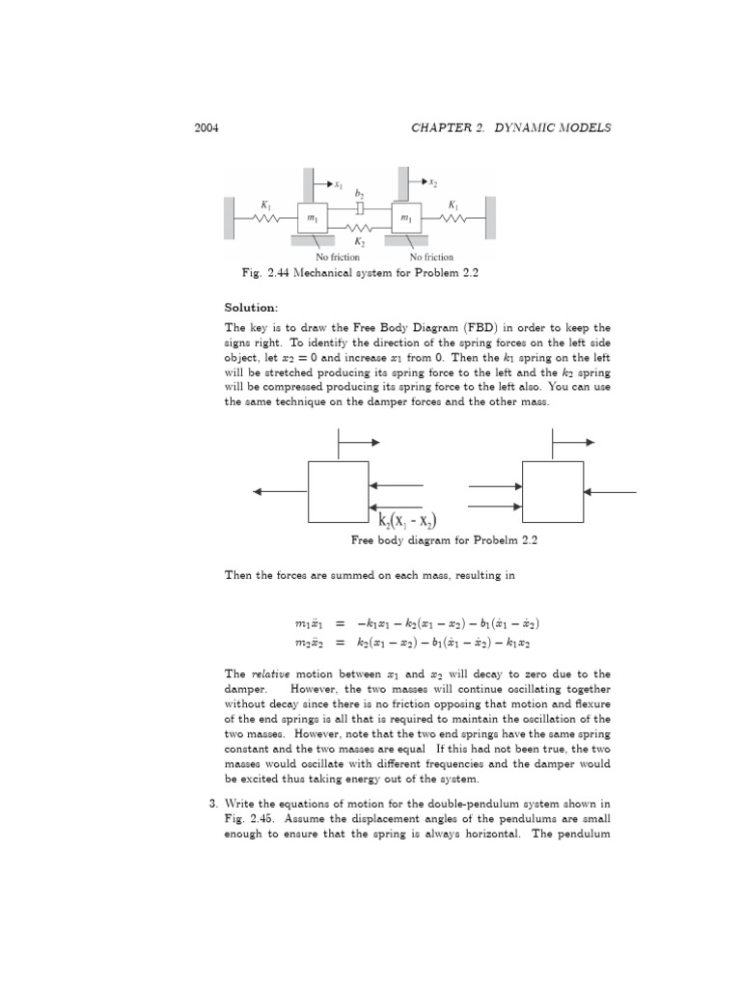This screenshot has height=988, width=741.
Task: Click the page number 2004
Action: tap(207, 129)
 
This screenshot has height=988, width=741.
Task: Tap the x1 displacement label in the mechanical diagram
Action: tap(339, 181)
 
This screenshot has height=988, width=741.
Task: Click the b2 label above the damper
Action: tap(358, 193)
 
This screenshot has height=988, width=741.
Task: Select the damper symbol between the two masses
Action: tap(359, 207)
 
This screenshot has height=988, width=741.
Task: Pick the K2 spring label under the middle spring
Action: tap(359, 243)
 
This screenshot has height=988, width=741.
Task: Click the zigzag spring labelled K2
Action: tap(359, 228)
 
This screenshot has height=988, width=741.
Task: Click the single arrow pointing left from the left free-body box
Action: tap(280, 492)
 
